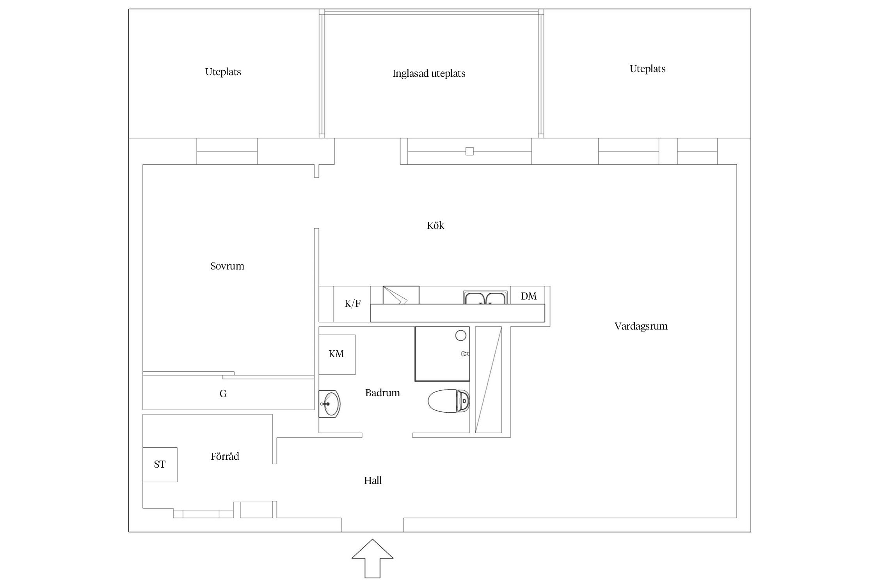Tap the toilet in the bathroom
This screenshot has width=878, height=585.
click(449, 400)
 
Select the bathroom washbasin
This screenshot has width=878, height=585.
click(329, 404)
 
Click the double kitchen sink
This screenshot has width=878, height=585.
click(485, 298)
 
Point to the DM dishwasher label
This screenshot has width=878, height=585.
click(529, 296)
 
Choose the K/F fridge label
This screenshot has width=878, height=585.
click(352, 303)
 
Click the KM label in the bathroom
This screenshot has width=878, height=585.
click(336, 354)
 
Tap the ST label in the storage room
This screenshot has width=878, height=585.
click(160, 464)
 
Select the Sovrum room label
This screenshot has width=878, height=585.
click(227, 266)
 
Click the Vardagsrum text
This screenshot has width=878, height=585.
click(641, 326)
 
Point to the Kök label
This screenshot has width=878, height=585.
click(435, 225)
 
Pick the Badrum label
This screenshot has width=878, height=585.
click(382, 393)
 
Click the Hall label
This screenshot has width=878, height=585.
click(373, 480)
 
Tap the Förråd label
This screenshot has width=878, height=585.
click(225, 456)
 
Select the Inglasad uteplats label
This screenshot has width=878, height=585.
click(429, 73)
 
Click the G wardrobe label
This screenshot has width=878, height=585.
click(223, 394)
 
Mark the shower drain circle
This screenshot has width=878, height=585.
click(461, 335)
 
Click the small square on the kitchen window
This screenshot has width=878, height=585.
click(469, 151)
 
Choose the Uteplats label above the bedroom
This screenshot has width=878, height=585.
click(223, 72)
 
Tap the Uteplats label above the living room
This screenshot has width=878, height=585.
click(647, 69)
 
